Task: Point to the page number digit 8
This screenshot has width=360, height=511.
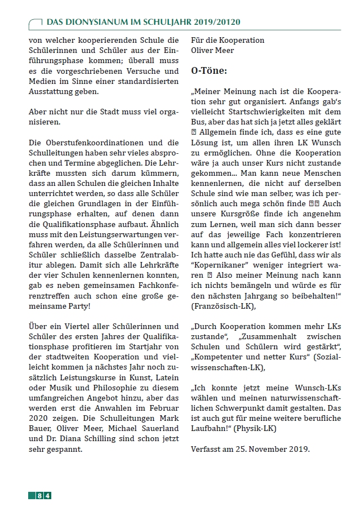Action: click(x=39, y=495)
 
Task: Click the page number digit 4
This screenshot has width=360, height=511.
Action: click(x=48, y=495)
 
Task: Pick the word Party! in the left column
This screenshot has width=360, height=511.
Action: click(x=77, y=306)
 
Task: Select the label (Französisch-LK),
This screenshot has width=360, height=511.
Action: click(x=223, y=306)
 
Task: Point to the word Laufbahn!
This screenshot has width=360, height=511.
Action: click(x=211, y=429)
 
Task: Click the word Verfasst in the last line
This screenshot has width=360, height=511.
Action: click(x=206, y=449)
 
